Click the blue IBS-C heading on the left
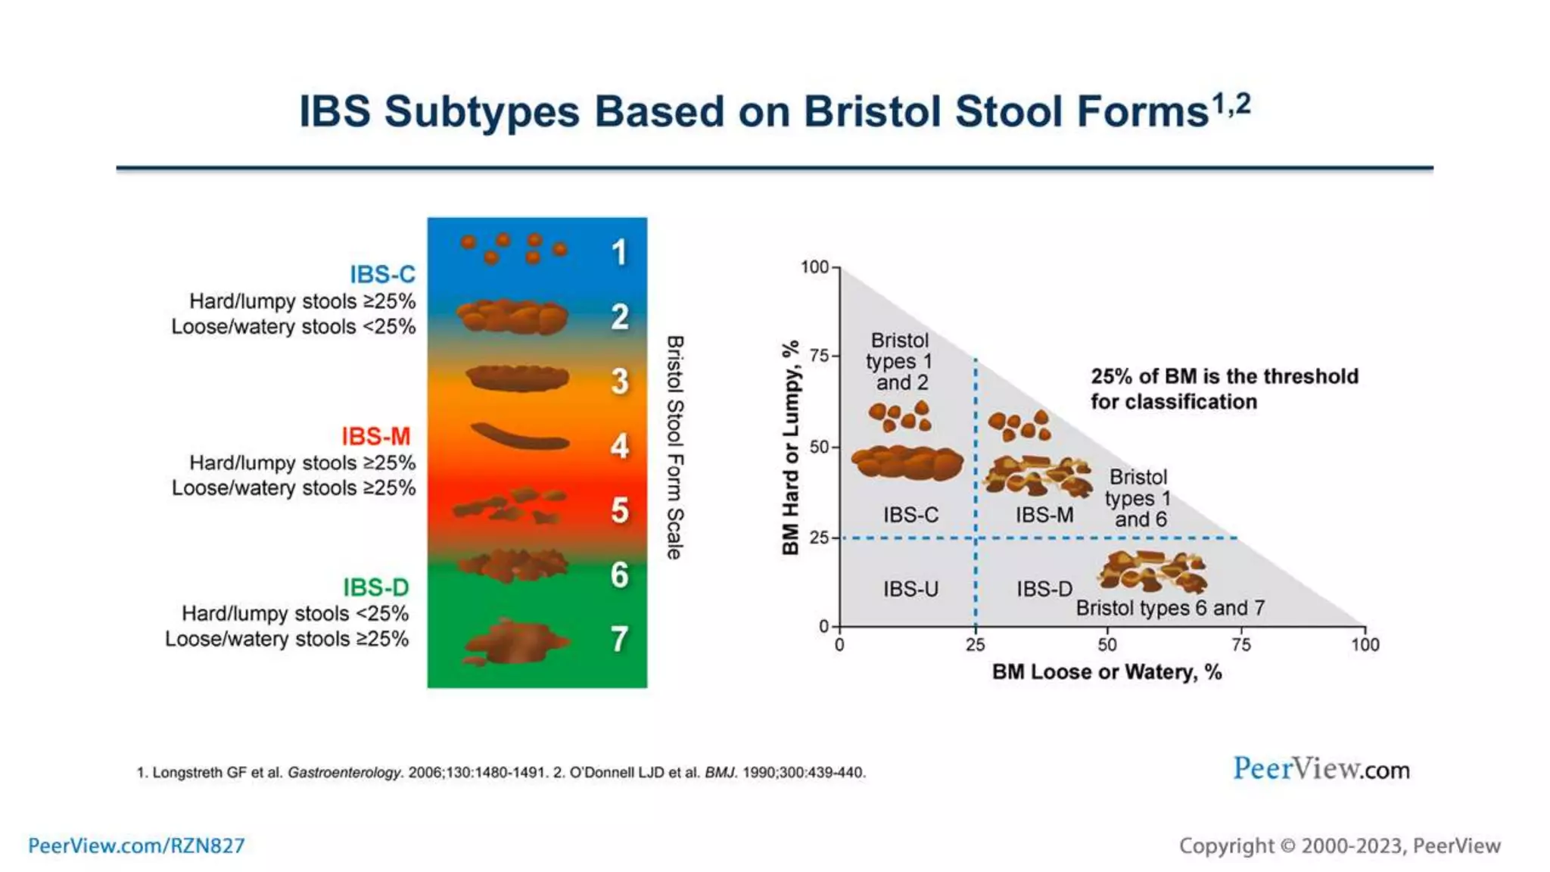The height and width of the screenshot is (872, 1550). click(x=382, y=274)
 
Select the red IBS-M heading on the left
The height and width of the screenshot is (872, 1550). click(x=375, y=436)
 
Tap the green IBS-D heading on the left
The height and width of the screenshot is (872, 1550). click(x=375, y=587)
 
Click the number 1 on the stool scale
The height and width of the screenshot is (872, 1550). click(x=619, y=253)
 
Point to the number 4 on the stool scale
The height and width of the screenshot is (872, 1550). click(x=619, y=446)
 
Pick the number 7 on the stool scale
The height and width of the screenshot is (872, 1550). click(x=619, y=640)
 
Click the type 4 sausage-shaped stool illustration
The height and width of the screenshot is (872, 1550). click(x=520, y=438)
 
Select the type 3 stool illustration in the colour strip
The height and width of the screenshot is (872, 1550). click(x=518, y=378)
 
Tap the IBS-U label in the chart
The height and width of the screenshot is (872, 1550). click(x=910, y=589)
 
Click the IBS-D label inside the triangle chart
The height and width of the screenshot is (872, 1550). click(x=1044, y=589)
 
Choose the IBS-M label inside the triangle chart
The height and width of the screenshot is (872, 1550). click(x=1044, y=515)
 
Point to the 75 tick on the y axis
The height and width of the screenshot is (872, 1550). click(x=820, y=356)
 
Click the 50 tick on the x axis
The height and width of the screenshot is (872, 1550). click(x=1106, y=645)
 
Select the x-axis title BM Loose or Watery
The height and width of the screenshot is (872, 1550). click(x=1106, y=672)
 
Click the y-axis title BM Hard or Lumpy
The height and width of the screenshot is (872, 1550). click(x=790, y=447)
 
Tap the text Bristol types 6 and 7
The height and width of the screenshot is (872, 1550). click(x=1170, y=608)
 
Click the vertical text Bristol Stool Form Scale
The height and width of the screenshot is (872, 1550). click(x=674, y=447)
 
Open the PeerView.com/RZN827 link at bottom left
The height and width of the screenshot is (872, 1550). click(x=136, y=846)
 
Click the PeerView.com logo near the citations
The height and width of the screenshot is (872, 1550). click(x=1321, y=769)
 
